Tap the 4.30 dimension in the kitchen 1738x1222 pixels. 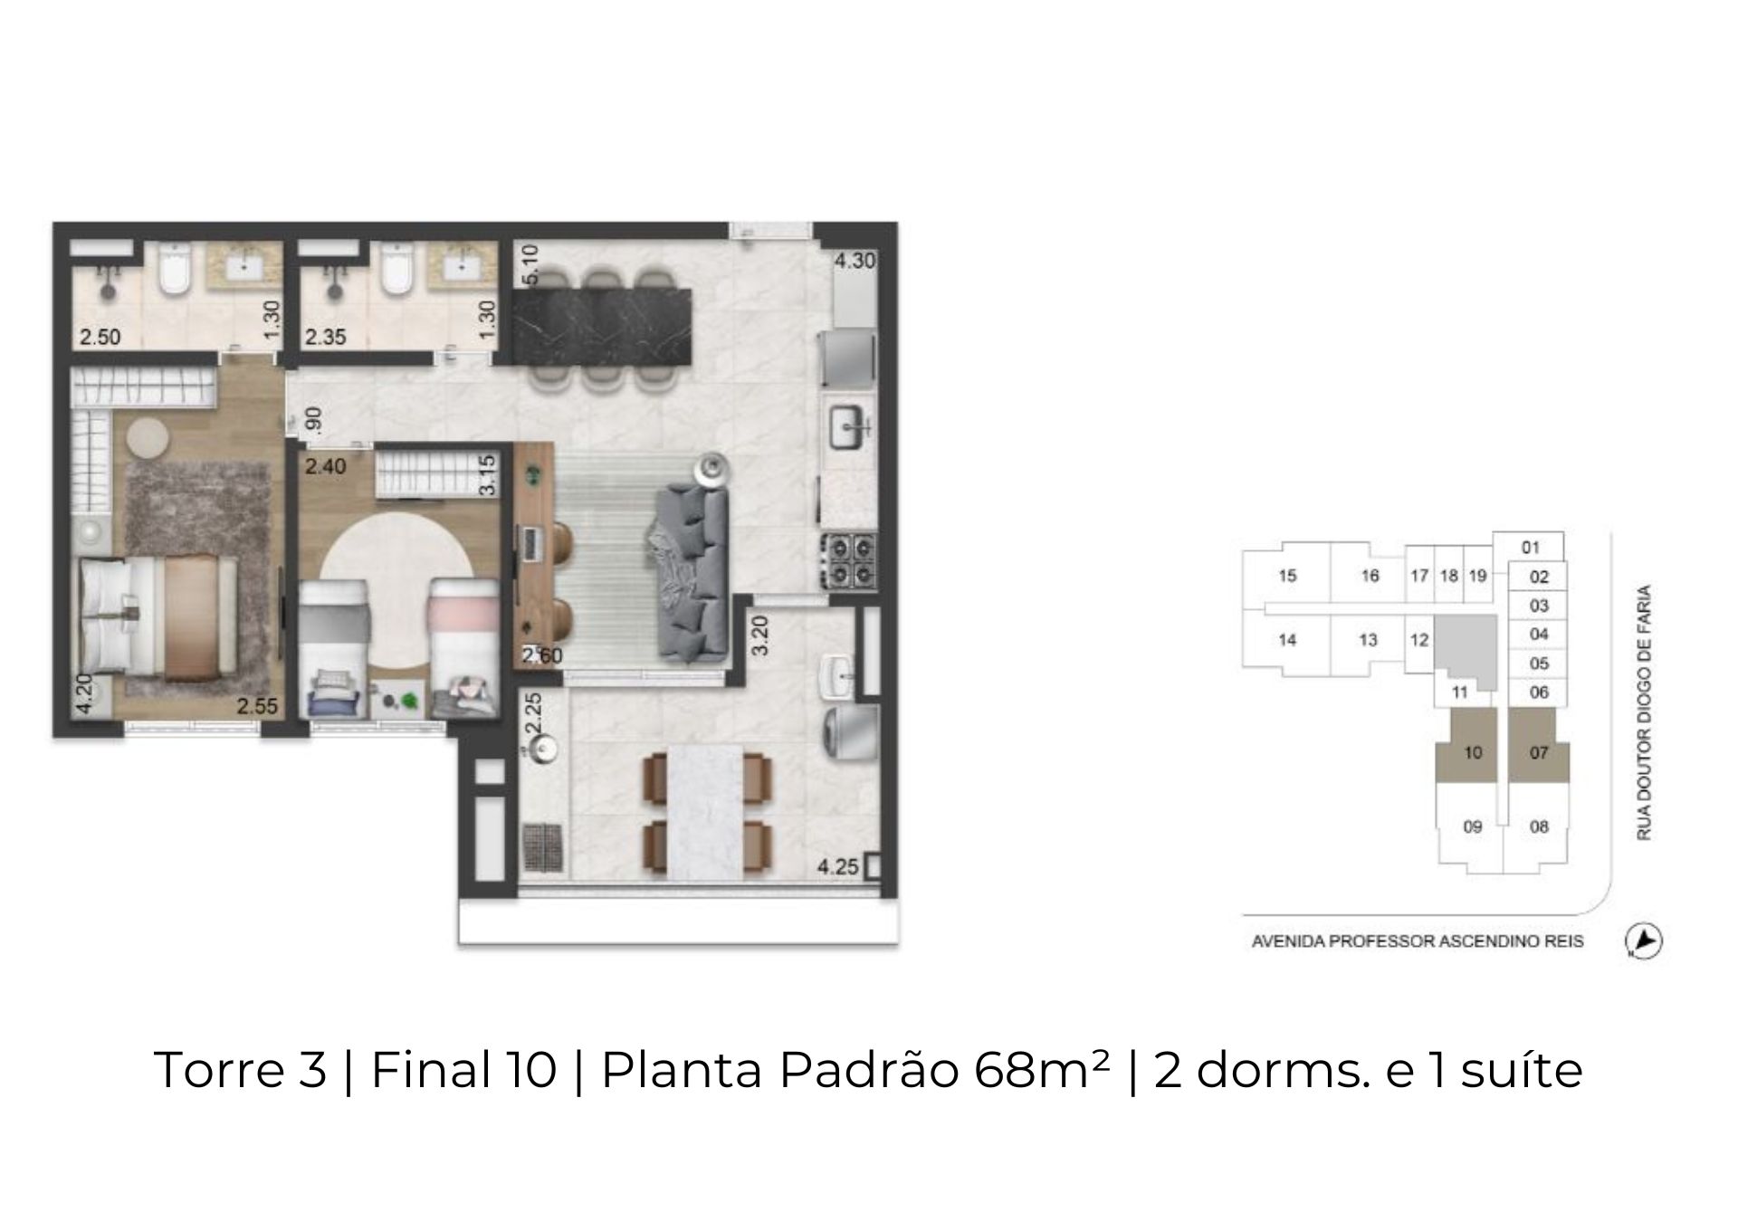[855, 261]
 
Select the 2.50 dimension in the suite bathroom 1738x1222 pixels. [100, 338]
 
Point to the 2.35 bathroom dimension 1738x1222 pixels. [326, 338]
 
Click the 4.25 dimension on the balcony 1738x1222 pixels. [837, 867]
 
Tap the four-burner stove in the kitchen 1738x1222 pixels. [848, 560]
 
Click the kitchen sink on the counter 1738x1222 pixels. [850, 426]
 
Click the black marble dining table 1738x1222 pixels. [602, 328]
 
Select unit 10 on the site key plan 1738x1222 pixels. [1473, 752]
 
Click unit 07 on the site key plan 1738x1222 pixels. [1539, 752]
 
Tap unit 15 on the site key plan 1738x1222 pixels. [1287, 575]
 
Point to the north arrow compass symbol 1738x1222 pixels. [1644, 941]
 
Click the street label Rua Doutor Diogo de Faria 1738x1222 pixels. [1644, 712]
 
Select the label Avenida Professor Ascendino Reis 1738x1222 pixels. [1418, 941]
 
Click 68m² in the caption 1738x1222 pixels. [1042, 1070]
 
